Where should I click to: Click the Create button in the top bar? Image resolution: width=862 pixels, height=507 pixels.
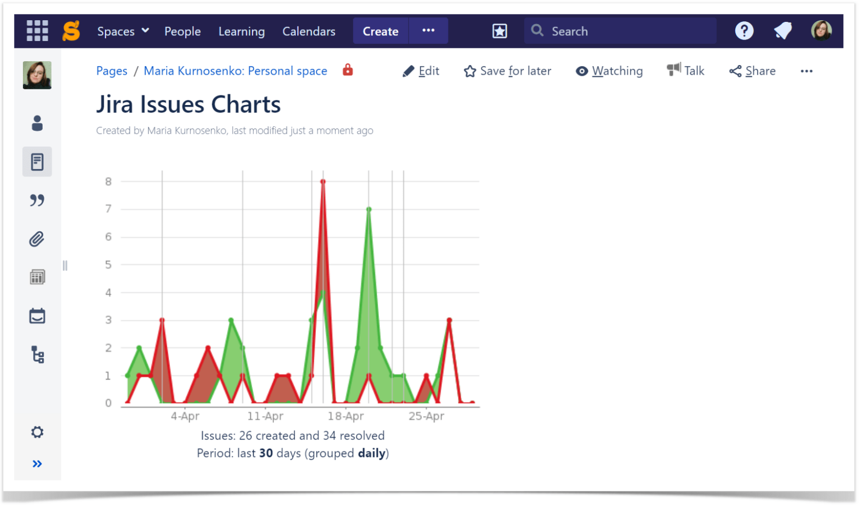click(380, 31)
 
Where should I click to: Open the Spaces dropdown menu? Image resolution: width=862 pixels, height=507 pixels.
click(122, 31)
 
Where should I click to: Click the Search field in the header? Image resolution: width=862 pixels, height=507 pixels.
click(620, 31)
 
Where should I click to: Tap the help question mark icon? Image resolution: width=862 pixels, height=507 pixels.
click(744, 31)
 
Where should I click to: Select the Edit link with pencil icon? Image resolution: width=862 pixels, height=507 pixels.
click(421, 71)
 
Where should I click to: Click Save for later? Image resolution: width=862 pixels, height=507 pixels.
click(507, 71)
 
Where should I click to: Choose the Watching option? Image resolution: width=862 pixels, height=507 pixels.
click(609, 71)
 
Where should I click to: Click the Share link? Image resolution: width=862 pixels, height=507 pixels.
click(753, 71)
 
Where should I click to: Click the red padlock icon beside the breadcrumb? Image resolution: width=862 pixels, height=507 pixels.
click(348, 70)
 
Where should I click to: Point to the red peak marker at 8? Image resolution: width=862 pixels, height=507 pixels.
click(323, 181)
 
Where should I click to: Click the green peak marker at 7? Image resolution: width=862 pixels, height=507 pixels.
click(369, 209)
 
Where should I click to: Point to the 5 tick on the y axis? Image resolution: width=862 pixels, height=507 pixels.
click(108, 264)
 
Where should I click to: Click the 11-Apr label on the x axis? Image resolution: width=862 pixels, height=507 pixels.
click(265, 416)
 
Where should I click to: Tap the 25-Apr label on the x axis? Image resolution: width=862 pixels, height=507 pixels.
click(426, 416)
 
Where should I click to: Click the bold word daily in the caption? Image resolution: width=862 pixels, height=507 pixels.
click(372, 453)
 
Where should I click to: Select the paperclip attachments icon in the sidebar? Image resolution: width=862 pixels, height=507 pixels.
click(37, 239)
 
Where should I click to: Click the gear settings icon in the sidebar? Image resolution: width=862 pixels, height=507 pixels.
click(37, 432)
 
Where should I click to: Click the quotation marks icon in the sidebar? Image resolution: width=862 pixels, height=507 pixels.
click(37, 200)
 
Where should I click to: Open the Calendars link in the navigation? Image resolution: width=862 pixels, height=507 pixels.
click(309, 31)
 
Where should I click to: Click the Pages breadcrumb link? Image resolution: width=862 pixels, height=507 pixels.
click(112, 71)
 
